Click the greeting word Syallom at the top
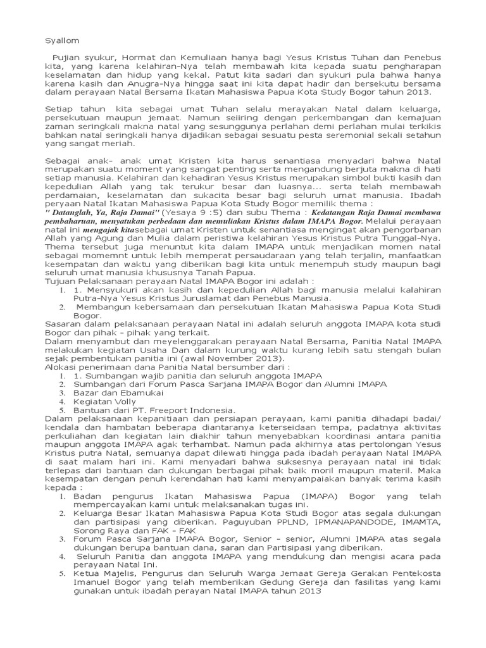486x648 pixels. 62,40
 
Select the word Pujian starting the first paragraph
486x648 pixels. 68,58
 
